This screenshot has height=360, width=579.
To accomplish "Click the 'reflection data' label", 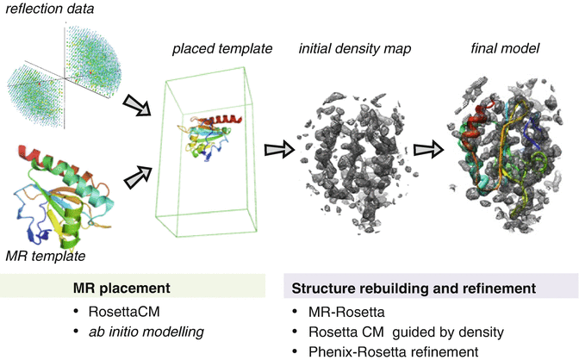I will pyautogui.click(x=49, y=10).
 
